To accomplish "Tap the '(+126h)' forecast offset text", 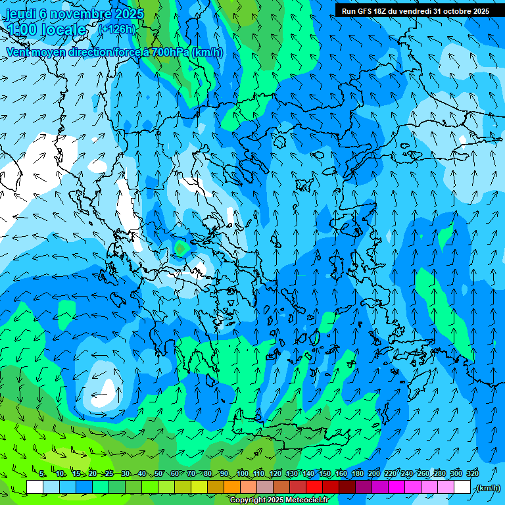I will coord(116,29).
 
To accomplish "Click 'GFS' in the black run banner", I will coord(364,11).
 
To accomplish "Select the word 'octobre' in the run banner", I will coord(453,11).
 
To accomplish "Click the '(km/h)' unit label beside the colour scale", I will coord(488,488).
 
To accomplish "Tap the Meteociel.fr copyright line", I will coord(279,500).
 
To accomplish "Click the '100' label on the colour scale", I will coord(242,473).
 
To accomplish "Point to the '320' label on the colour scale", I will coord(472,473).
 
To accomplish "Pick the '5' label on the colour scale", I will coord(42,473).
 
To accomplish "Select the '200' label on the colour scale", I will coord(373,473).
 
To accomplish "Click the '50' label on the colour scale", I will coord(158,473).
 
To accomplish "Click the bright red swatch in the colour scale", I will coord(314,487).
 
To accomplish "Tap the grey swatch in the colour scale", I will coord(265,487).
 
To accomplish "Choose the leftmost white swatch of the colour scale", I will coord(35,487).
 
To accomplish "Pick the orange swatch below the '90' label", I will coord(232,487).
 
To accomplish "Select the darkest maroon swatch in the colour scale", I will coord(347,487).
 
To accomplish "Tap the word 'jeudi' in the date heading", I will coord(21,14).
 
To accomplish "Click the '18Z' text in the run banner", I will coord(380,11).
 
